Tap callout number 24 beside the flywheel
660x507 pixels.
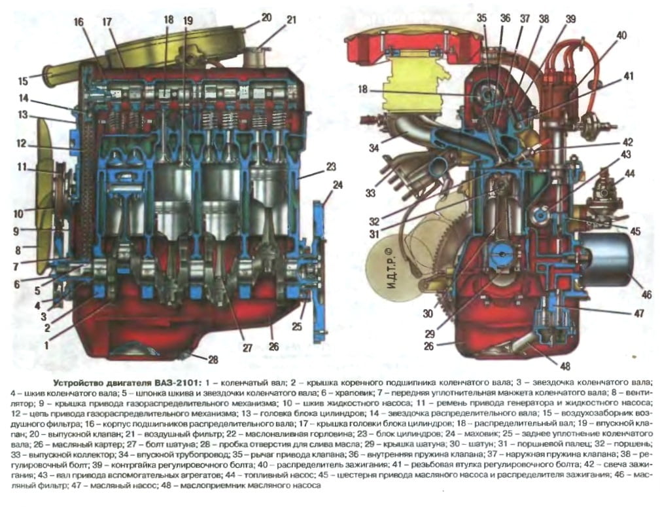[x=337, y=185]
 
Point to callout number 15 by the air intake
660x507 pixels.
[x=24, y=82]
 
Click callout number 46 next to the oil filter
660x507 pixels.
[x=646, y=295]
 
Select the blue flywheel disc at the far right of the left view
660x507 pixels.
[x=319, y=269]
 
